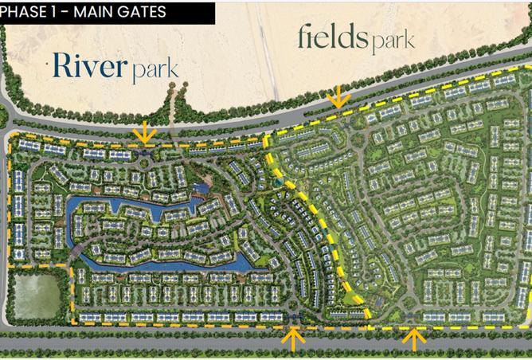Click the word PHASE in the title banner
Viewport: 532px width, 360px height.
(24, 12)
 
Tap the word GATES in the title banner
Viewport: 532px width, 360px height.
(142, 12)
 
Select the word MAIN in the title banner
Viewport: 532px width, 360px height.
(94, 12)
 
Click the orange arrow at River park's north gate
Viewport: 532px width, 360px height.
(145, 131)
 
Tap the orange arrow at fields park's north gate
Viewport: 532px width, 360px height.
(338, 97)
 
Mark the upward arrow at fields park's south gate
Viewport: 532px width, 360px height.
(414, 338)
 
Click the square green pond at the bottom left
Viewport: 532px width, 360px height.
(37, 295)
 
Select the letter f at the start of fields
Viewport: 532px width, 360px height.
(303, 36)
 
